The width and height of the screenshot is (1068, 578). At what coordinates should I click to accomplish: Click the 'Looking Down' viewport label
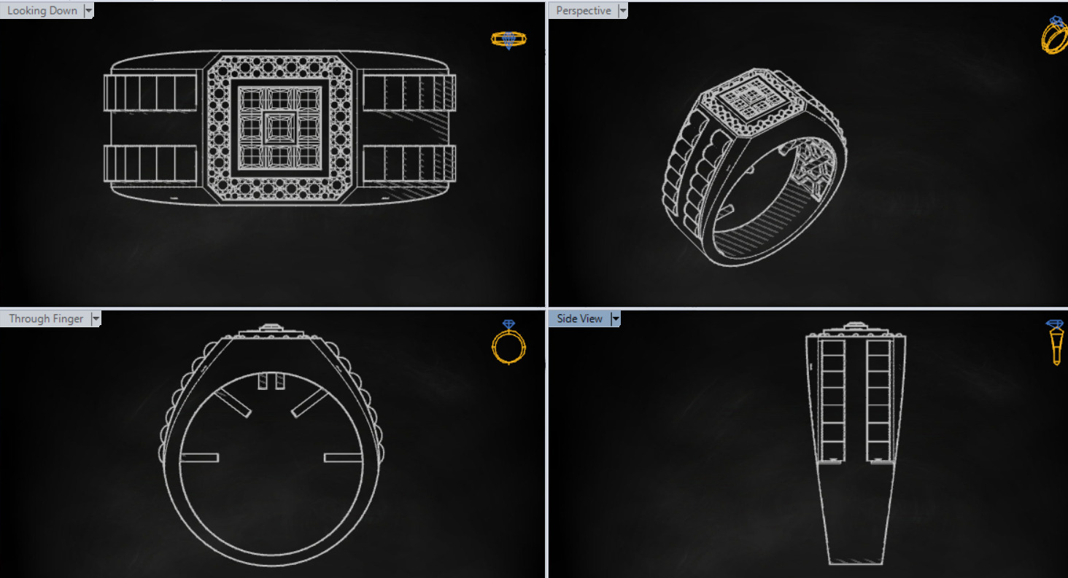tap(42, 10)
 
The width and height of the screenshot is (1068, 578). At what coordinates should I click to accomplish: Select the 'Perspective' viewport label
tap(583, 10)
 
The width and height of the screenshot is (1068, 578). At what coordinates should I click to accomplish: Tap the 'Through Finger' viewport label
tap(46, 319)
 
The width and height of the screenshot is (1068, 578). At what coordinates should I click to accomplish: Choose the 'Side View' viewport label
tap(579, 319)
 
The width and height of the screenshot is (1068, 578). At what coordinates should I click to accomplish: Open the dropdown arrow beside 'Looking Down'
tap(88, 10)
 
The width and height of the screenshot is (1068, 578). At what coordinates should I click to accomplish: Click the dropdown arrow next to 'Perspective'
tap(622, 10)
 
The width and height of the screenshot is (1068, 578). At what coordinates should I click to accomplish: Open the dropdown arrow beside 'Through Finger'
tap(96, 319)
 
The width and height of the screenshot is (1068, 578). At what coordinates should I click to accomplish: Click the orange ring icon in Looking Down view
tap(508, 39)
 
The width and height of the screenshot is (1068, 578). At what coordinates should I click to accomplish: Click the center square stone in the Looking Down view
tap(277, 127)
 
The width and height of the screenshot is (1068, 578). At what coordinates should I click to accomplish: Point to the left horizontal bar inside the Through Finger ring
tap(199, 458)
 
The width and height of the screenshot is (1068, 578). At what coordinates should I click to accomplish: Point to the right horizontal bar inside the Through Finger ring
tap(343, 458)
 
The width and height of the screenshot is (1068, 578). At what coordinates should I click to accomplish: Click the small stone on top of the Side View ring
tap(855, 326)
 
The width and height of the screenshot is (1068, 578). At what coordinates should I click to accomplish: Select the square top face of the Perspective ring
tap(751, 98)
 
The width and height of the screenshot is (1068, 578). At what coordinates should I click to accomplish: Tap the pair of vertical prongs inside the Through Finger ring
tap(271, 381)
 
